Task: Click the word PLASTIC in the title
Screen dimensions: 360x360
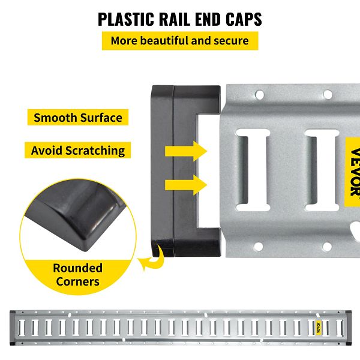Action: (x=126, y=19)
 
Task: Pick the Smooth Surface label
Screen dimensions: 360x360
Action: (x=78, y=118)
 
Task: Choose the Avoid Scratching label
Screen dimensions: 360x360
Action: (x=78, y=150)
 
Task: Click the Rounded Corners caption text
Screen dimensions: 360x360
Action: (x=77, y=275)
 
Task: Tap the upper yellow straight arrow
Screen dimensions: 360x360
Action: (x=186, y=151)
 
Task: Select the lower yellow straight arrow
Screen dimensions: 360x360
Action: (x=186, y=185)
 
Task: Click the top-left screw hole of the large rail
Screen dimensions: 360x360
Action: (x=259, y=95)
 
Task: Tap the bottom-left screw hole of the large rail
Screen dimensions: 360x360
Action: (x=258, y=247)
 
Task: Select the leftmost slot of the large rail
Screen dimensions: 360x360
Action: (x=253, y=170)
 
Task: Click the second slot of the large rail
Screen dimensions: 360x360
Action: (x=322, y=170)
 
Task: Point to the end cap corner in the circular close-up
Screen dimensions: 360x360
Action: (x=76, y=216)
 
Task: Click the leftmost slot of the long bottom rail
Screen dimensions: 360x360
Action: (x=22, y=328)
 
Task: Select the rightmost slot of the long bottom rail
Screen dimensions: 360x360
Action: (x=340, y=328)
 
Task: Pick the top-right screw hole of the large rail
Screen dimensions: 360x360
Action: (x=328, y=95)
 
